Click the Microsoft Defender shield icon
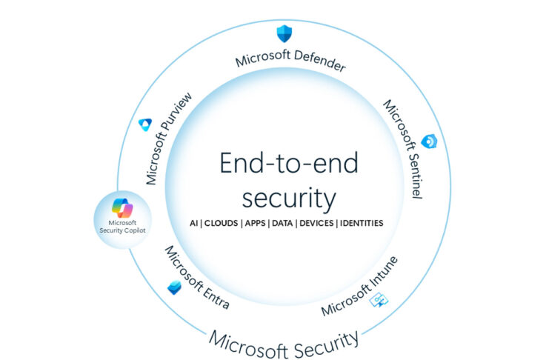(x=285, y=33)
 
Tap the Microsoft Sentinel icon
(x=428, y=142)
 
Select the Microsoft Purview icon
(x=145, y=125)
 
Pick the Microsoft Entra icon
(x=174, y=287)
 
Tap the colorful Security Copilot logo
(x=122, y=207)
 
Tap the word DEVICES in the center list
(x=316, y=222)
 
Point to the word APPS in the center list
(x=259, y=222)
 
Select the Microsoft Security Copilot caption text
(x=122, y=226)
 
